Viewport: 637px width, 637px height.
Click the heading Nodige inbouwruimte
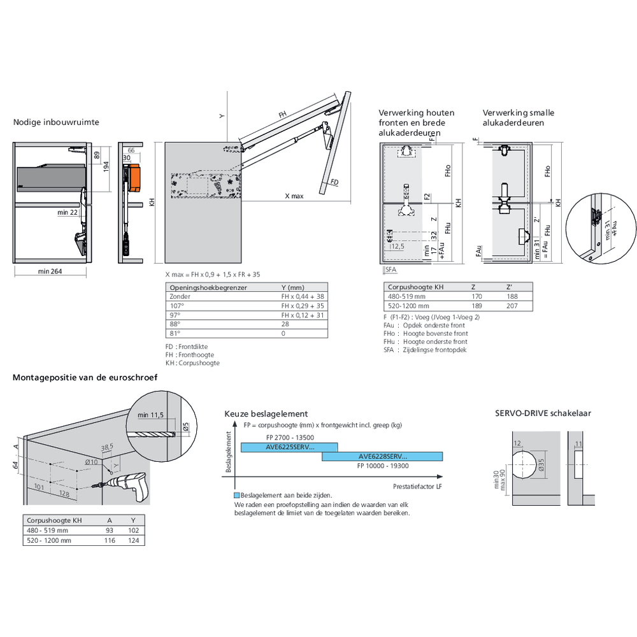pos(56,122)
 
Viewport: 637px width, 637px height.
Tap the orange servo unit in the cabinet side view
pos(134,178)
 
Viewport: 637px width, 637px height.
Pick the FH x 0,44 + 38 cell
pos(303,297)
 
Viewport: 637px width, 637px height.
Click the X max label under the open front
pos(294,196)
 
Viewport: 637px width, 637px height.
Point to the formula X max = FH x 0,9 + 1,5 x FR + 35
pos(212,274)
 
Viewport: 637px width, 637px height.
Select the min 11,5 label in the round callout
pos(151,415)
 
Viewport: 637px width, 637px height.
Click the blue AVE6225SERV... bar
pos(289,447)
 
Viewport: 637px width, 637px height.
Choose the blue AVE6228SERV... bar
pos(382,456)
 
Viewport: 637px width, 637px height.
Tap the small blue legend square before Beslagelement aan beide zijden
pos(237,495)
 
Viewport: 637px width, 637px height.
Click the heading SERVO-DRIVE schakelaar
pos(543,413)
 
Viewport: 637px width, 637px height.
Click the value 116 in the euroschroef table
pos(110,540)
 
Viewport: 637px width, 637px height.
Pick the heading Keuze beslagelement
pos(266,413)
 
